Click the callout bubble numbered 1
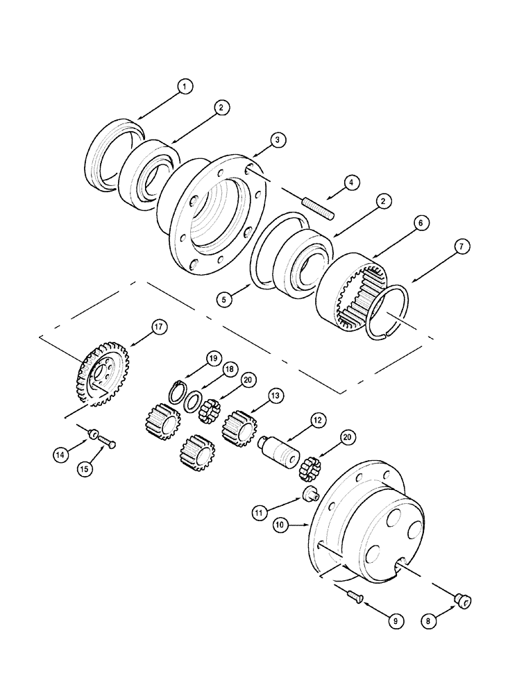pos(184,87)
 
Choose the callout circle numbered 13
pos(276,396)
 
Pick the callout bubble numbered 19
pos(212,358)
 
